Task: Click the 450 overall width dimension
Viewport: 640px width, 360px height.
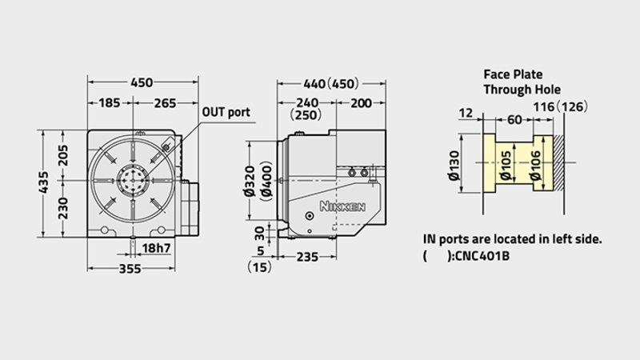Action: pyautogui.click(x=142, y=82)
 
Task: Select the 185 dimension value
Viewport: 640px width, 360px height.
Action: pyautogui.click(x=110, y=103)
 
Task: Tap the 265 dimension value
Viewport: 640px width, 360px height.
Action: pyautogui.click(x=165, y=103)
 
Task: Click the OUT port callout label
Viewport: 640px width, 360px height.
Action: pyautogui.click(x=226, y=112)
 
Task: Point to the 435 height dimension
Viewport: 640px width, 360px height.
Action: pyautogui.click(x=43, y=182)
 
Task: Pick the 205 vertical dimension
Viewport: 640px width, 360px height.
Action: pyautogui.click(x=63, y=155)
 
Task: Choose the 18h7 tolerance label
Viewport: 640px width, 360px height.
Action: pyautogui.click(x=156, y=248)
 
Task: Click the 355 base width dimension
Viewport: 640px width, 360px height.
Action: pyautogui.click(x=130, y=269)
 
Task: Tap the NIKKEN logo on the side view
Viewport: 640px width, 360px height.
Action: pyautogui.click(x=342, y=206)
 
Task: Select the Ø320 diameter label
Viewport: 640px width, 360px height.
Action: pyautogui.click(x=250, y=181)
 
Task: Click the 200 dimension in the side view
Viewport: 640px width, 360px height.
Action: pyautogui.click(x=362, y=103)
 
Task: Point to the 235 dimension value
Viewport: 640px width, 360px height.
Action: pyautogui.click(x=307, y=257)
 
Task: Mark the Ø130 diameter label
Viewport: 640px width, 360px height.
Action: pyautogui.click(x=454, y=166)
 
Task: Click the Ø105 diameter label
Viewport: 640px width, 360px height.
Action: pyautogui.click(x=506, y=166)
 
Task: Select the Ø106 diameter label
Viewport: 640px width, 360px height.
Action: pyautogui.click(x=535, y=166)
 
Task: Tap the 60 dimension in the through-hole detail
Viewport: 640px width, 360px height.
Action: pyautogui.click(x=514, y=119)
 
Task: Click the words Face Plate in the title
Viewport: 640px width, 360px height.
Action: pyautogui.click(x=513, y=74)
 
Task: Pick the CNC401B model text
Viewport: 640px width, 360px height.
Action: pyautogui.click(x=482, y=256)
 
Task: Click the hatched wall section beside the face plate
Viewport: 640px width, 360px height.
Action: pyautogui.click(x=558, y=163)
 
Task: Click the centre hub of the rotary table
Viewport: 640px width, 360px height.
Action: pyautogui.click(x=133, y=180)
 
